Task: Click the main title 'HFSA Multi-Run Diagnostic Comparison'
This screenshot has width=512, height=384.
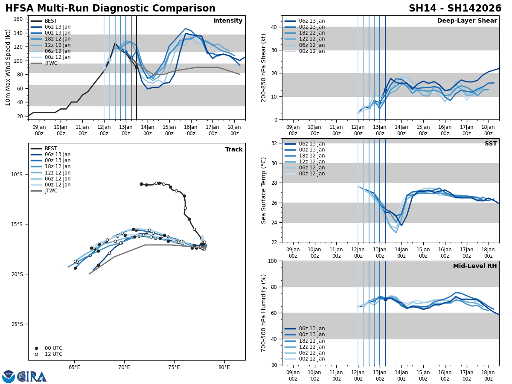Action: coord(110,9)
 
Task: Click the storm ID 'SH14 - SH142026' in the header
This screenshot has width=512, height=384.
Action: coord(455,9)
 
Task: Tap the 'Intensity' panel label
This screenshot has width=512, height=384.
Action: coord(228,21)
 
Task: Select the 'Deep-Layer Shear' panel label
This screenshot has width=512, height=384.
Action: coord(467,21)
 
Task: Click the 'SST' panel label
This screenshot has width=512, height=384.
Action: coord(490,144)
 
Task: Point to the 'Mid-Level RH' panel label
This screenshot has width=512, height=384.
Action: coord(475,266)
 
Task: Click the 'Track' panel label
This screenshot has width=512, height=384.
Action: coord(234,150)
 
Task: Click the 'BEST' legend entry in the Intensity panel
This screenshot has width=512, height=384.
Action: coord(51,21)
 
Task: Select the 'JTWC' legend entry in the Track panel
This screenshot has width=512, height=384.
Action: coord(51,191)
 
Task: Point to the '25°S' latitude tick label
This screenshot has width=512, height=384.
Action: coord(17,324)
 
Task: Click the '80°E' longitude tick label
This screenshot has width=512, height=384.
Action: coord(224,367)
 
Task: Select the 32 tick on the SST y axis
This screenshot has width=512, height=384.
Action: coord(274,143)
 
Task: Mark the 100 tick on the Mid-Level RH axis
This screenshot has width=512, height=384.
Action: coord(273,261)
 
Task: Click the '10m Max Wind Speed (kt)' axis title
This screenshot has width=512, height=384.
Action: coord(8,67)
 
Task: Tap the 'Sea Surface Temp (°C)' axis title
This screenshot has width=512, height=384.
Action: coord(264,190)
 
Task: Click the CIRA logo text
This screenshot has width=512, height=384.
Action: coord(32,377)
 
